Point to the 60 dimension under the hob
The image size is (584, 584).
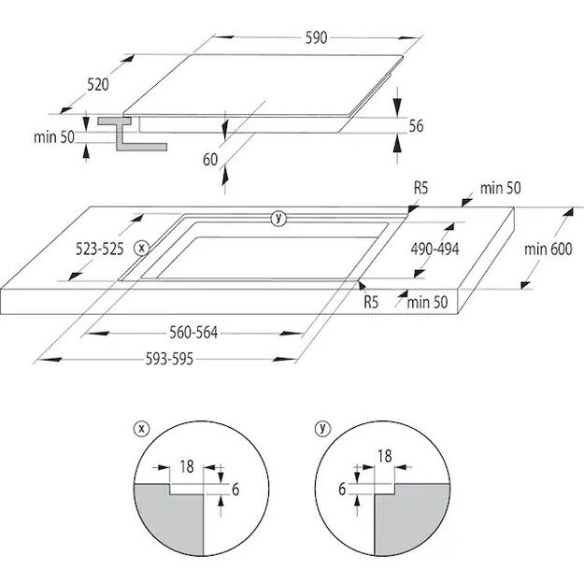pyautogui.click(x=209, y=159)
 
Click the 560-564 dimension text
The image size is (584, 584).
pyautogui.click(x=195, y=332)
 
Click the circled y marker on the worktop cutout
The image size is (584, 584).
pyautogui.click(x=277, y=218)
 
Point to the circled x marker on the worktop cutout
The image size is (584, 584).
pyautogui.click(x=141, y=248)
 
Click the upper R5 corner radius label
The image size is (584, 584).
pyautogui.click(x=421, y=188)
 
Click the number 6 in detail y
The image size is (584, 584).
pyautogui.click(x=343, y=488)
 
